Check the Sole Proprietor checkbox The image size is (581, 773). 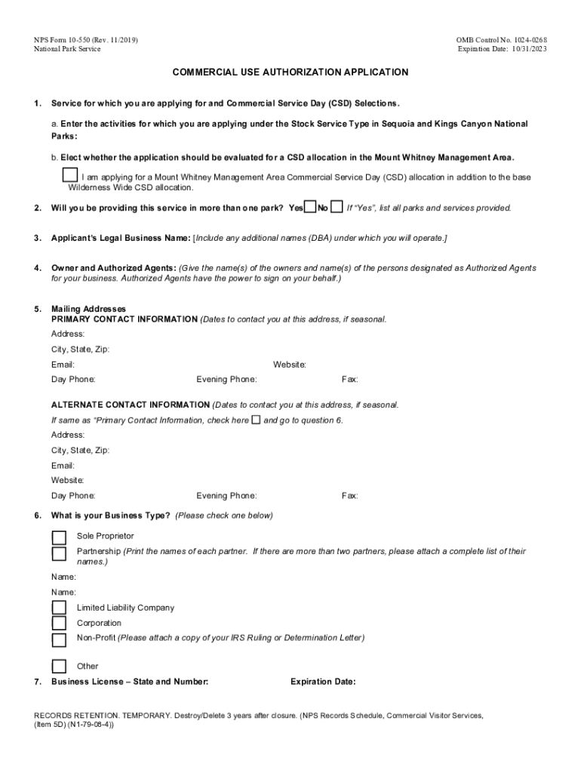pos(59,537)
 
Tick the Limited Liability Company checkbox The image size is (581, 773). pos(59,608)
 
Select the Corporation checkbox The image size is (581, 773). pos(59,624)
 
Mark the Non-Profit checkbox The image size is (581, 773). pos(59,640)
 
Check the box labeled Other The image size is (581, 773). pos(59,666)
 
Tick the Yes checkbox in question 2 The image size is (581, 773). pos(309,207)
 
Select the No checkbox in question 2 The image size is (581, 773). pos(337,207)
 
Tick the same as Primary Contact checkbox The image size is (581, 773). pos(256,420)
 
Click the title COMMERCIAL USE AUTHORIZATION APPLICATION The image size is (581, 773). pos(290,72)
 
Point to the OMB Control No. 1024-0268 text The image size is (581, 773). pos(501,39)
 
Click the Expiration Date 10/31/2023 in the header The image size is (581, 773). pos(502,49)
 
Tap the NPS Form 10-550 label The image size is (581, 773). pos(85,39)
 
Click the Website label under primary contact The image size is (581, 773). pos(289,365)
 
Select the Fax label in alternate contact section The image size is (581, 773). pos(349,496)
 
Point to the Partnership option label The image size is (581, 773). pos(99,552)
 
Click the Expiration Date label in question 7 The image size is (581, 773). pos(322,682)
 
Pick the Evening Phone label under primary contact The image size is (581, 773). pos(226,379)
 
